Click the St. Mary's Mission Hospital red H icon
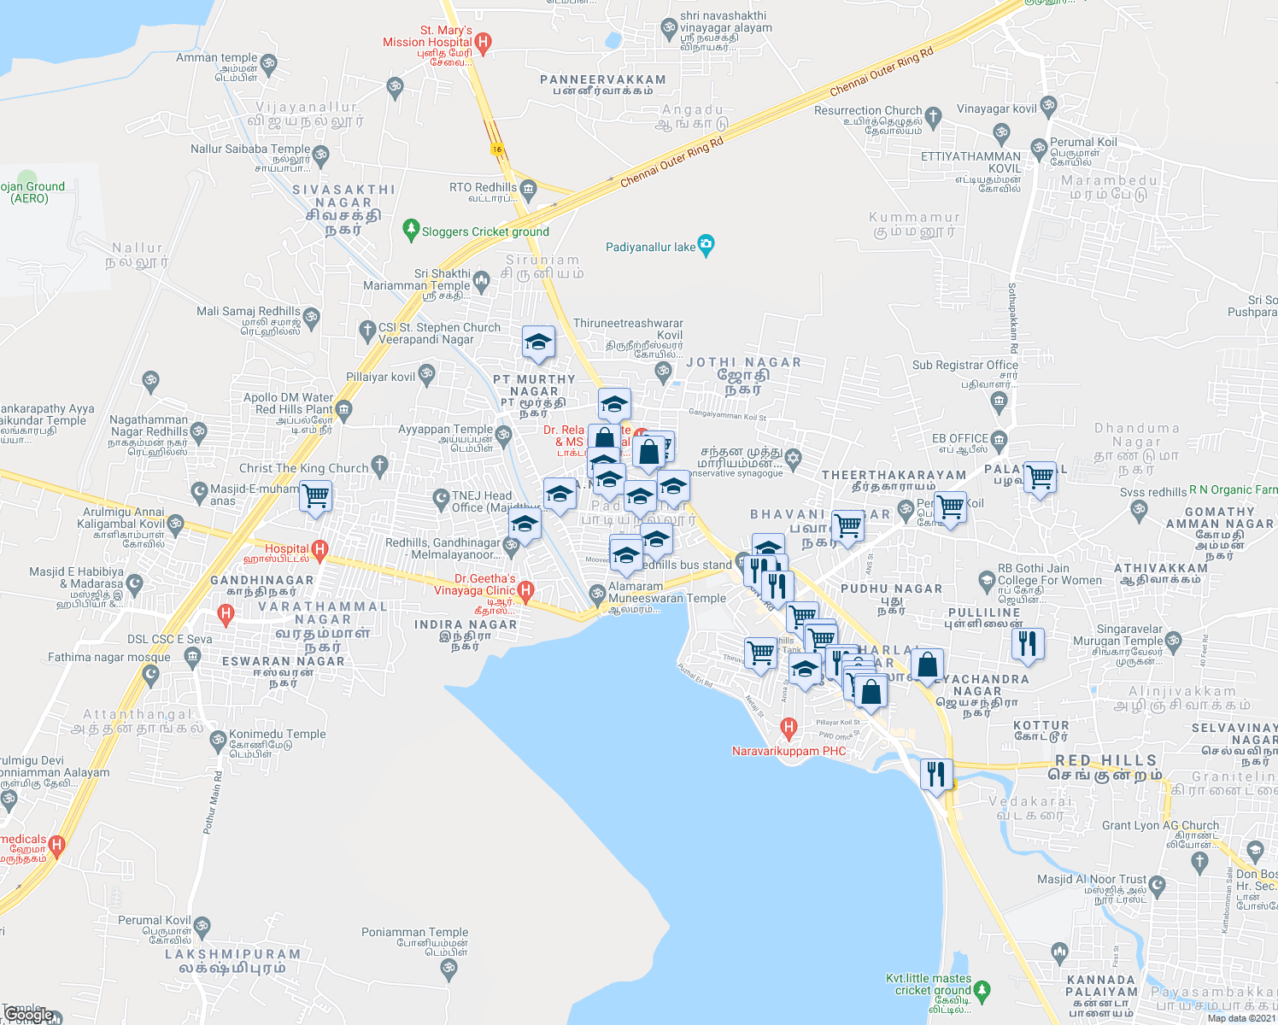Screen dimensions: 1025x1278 tap(483, 42)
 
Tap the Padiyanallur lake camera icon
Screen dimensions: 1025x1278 tap(706, 246)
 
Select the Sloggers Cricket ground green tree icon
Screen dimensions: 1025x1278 tap(411, 231)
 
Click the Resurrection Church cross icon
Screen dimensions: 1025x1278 tap(933, 115)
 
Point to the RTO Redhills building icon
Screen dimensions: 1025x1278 tap(528, 189)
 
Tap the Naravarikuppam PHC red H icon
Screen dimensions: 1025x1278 tap(788, 729)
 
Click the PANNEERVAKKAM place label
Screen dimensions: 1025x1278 tap(603, 79)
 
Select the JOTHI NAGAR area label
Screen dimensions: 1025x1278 tap(744, 362)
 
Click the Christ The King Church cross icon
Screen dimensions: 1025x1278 tap(380, 466)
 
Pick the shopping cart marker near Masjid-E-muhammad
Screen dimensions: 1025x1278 tap(316, 495)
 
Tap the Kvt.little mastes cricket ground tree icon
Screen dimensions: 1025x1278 tap(982, 990)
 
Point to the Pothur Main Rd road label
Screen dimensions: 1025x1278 tap(211, 802)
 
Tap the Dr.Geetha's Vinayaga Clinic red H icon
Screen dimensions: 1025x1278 tap(526, 589)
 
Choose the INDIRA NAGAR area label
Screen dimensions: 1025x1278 tap(466, 624)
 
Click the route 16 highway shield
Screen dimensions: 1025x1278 tap(496, 149)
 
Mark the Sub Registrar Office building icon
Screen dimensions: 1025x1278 tap(1001, 399)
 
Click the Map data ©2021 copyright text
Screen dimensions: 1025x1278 tap(1240, 1017)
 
